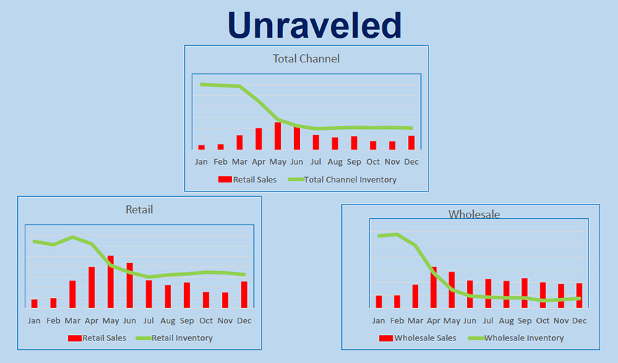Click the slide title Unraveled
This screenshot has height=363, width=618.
tap(314, 25)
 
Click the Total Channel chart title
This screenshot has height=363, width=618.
tap(306, 58)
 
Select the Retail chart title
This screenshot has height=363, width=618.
tap(139, 209)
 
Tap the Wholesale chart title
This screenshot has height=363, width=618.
tap(474, 214)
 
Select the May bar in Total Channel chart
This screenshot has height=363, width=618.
tap(278, 136)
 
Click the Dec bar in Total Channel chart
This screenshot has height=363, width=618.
tap(411, 143)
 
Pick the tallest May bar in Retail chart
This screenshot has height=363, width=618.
tap(111, 282)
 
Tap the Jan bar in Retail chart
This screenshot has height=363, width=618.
tap(34, 303)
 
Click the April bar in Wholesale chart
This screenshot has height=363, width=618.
tap(433, 288)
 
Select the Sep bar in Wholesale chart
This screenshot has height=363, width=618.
tap(525, 293)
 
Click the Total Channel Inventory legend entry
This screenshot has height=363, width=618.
tap(342, 180)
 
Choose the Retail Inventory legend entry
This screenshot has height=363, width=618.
tap(174, 338)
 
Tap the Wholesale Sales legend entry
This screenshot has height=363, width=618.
tap(417, 338)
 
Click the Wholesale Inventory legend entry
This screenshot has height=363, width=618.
tap(516, 338)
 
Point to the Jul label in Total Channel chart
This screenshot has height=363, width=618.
tap(316, 162)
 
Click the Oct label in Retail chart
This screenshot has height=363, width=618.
tap(206, 321)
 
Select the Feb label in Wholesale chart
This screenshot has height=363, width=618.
tap(397, 321)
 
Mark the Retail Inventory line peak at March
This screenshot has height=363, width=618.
tap(73, 237)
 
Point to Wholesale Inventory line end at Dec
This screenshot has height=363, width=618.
tap(579, 298)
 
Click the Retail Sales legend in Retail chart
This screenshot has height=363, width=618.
tap(97, 338)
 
